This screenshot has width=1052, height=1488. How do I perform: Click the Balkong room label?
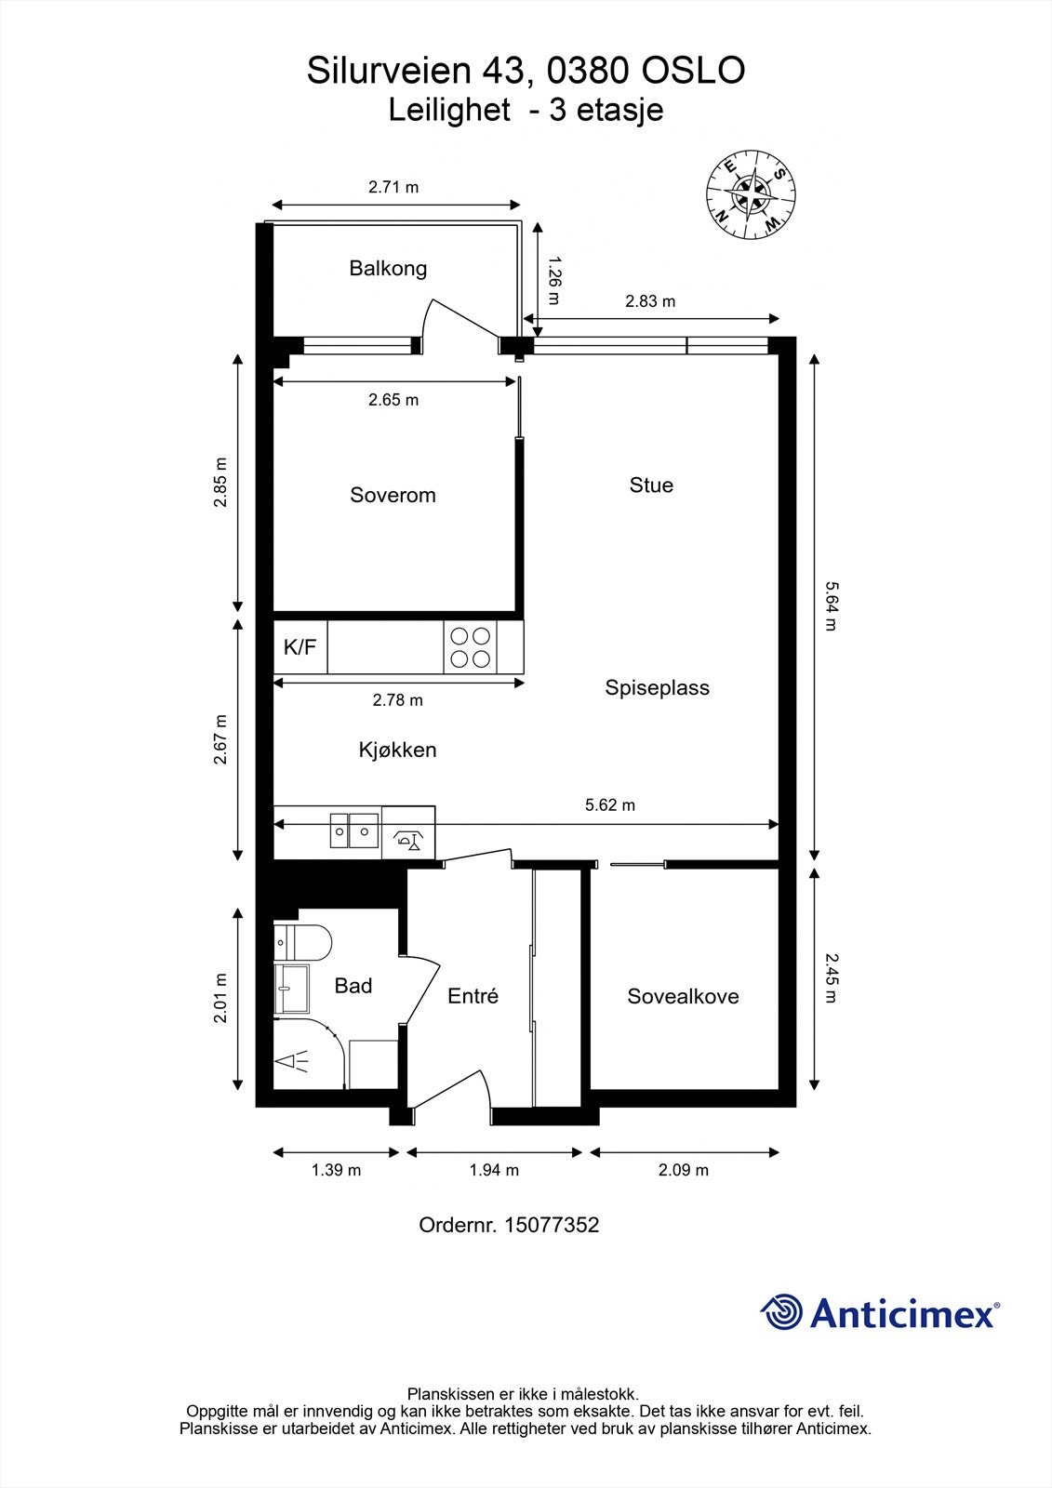388,269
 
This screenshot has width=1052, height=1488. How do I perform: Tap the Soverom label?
393,495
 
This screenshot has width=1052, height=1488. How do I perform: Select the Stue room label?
651,485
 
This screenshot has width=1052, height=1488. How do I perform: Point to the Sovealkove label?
683,996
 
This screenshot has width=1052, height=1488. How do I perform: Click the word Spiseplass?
657,688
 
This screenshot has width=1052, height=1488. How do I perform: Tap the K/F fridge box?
300,647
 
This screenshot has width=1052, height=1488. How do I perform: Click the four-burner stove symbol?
470,647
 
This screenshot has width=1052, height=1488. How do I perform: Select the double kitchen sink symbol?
353,831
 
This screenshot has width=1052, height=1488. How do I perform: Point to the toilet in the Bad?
304,942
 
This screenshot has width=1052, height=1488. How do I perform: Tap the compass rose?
750,194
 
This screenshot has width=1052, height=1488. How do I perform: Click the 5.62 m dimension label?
609,805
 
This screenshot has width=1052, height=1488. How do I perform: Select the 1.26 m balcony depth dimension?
553,280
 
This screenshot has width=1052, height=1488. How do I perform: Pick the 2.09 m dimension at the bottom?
683,1170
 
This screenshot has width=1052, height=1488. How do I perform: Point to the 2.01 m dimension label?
220,998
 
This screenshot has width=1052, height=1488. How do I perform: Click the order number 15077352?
551,1225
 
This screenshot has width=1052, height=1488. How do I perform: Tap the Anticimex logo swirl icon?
781,1312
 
